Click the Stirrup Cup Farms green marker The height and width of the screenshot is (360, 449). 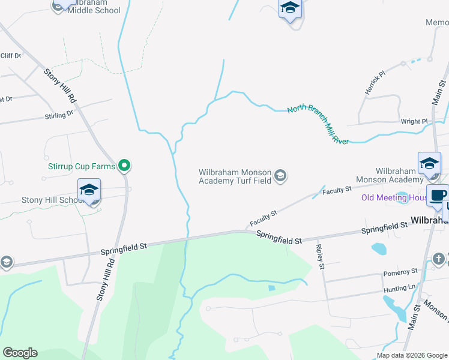[x=124, y=164]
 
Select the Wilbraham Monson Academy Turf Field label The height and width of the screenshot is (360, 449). [x=235, y=176]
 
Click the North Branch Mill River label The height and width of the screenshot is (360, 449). [x=318, y=125]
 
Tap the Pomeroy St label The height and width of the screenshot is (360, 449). [x=401, y=273]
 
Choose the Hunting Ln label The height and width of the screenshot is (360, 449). [x=399, y=289]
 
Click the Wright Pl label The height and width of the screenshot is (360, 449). [x=414, y=122]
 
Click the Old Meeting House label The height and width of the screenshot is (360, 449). [x=393, y=198]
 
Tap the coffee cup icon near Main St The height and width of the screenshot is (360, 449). [x=437, y=195]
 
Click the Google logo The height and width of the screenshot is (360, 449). [x=20, y=353]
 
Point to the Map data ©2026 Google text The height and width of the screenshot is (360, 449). [x=411, y=355]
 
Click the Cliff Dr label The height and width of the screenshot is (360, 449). [x=11, y=56]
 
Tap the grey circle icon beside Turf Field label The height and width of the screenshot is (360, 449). [x=280, y=176]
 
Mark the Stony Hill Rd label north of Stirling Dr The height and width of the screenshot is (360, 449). [x=62, y=85]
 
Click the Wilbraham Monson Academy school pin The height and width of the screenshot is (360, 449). [x=429, y=164]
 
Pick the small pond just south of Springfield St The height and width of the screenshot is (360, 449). [x=379, y=248]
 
